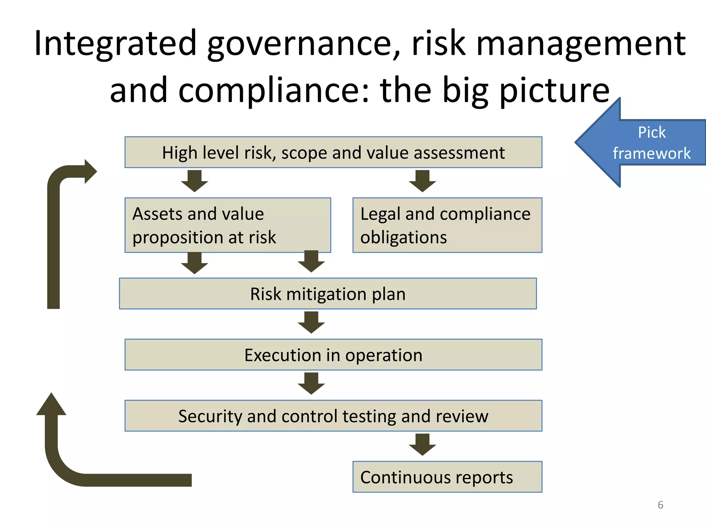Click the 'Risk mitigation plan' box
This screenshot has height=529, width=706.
(328, 293)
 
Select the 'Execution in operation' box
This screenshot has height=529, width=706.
(333, 355)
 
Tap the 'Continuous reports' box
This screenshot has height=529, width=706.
(447, 477)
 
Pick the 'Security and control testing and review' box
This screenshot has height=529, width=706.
(333, 416)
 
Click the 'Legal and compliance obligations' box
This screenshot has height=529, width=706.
(447, 225)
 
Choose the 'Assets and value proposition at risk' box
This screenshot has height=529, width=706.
(228, 225)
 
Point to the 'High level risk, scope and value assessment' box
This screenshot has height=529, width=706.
(333, 152)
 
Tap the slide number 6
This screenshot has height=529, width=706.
(660, 505)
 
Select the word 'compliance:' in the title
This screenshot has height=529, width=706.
(274, 90)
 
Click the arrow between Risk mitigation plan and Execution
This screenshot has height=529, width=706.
(311, 322)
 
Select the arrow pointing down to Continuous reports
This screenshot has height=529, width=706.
(422, 445)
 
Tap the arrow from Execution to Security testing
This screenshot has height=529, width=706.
(311, 383)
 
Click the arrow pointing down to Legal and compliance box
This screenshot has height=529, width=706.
(422, 181)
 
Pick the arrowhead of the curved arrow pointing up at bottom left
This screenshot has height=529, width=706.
(51, 405)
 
